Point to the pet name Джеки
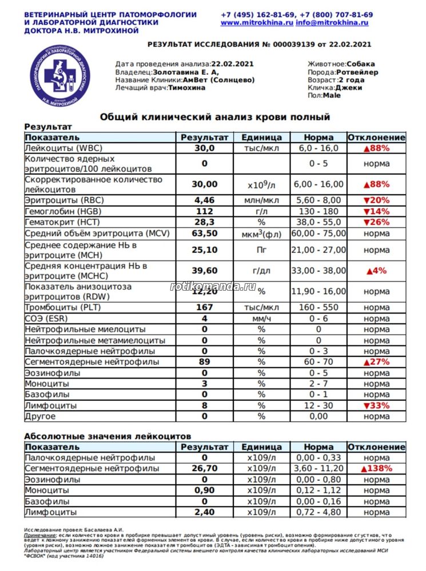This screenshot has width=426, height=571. [348, 88]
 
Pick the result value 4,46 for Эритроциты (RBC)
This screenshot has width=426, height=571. [204, 200]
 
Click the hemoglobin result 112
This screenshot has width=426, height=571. [204, 211]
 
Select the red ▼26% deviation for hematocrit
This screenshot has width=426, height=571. [376, 222]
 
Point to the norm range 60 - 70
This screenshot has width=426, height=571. [318, 362]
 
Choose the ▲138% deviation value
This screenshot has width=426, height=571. [376, 469]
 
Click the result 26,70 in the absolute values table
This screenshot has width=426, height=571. [204, 469]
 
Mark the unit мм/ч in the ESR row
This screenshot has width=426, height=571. [261, 319]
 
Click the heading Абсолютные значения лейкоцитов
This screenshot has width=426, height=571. [108, 436]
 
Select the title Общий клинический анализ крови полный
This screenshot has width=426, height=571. [215, 117]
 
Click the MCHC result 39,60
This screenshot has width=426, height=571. [204, 271]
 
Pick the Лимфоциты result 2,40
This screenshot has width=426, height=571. [204, 512]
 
